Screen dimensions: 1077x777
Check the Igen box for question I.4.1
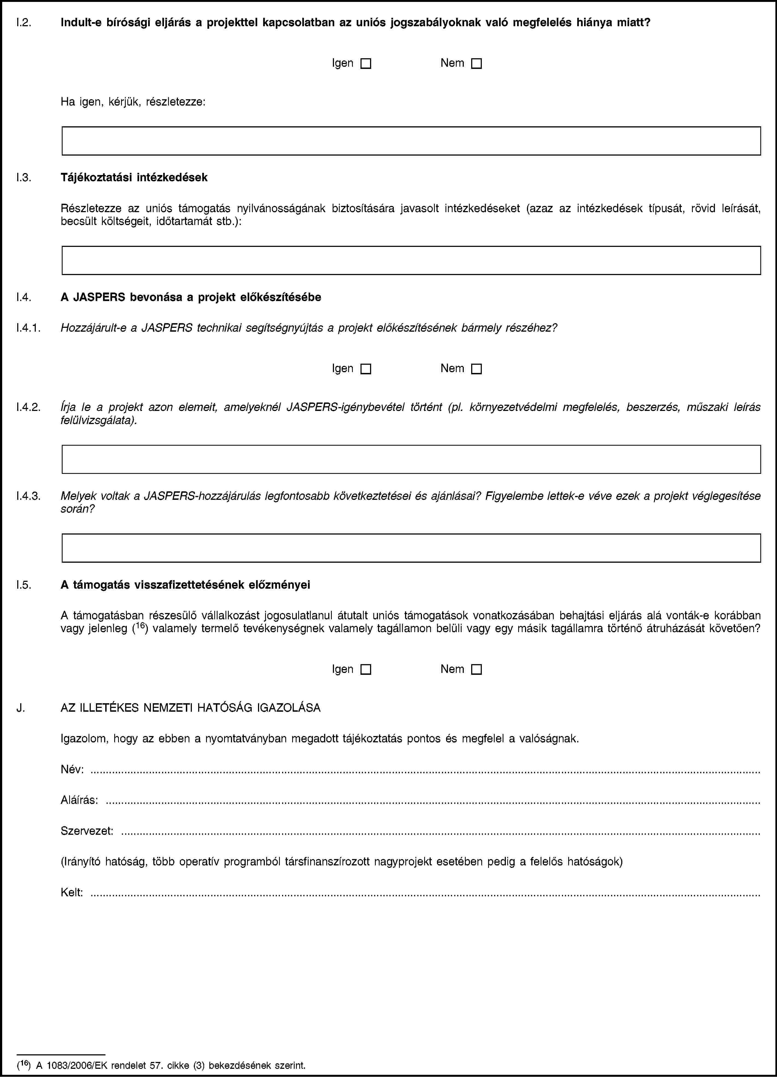tap(365, 369)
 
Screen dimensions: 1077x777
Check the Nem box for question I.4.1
tap(477, 369)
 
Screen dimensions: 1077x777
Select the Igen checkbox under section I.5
tap(365, 670)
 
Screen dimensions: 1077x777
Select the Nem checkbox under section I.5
tap(477, 670)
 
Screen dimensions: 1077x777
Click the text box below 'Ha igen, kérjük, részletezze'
tap(411, 141)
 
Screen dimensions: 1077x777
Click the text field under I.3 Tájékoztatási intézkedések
tap(411, 260)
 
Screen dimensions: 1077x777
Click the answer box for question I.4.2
tap(411, 459)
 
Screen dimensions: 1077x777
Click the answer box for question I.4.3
tap(411, 548)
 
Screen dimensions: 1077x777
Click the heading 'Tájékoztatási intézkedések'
tap(134, 178)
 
